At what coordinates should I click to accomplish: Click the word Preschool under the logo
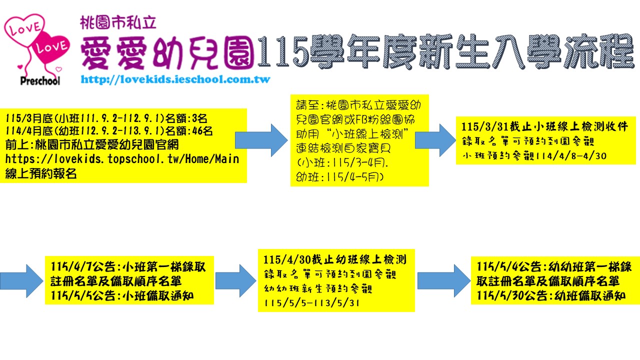click(x=40, y=80)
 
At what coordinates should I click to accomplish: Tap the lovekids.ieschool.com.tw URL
click(x=175, y=79)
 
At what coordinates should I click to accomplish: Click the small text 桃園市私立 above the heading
click(x=118, y=22)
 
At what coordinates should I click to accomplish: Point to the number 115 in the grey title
click(x=282, y=51)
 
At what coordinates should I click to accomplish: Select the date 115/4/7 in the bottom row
click(x=68, y=265)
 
